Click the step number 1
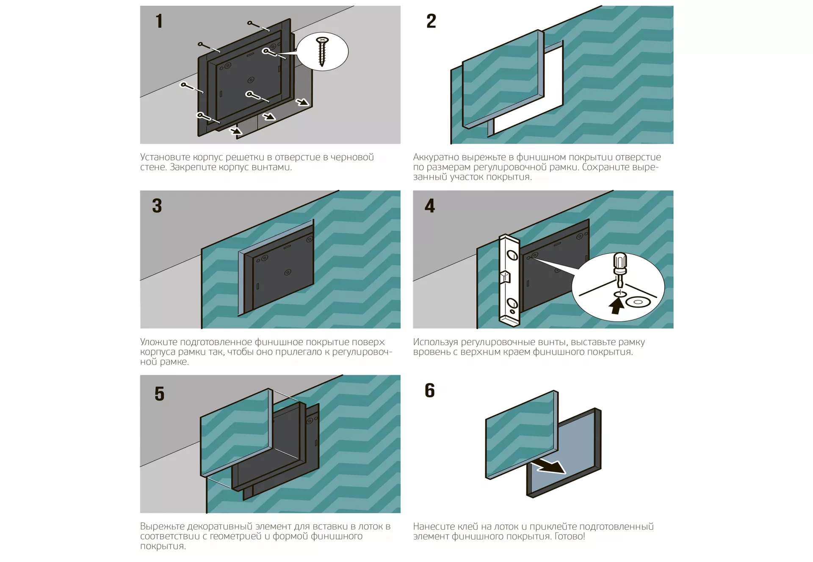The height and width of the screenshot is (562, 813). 159,21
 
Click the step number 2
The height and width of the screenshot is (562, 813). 431,21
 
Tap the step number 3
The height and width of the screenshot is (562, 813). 157,206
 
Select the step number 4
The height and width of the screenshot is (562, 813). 430,206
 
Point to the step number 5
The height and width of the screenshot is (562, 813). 160,393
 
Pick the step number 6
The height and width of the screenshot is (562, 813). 430,390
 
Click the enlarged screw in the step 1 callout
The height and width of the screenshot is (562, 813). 322,51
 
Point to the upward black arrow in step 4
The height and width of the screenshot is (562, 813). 617,305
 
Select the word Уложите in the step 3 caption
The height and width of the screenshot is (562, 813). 158,342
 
